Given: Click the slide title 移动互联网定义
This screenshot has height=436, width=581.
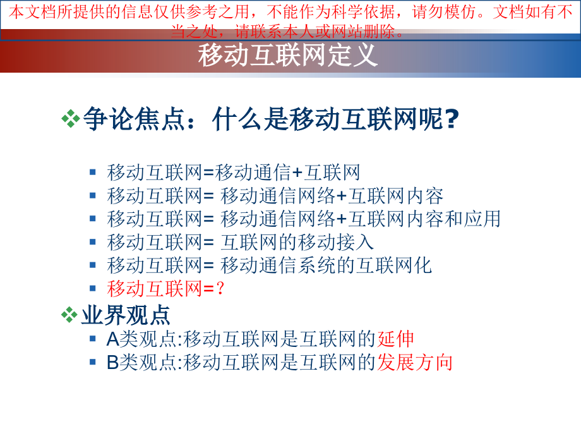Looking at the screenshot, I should tap(288, 56).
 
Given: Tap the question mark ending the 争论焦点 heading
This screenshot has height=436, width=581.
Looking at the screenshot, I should tap(451, 119).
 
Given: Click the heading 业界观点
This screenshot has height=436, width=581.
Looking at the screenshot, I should tap(126, 314).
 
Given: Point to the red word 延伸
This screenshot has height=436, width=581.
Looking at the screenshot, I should tap(396, 339).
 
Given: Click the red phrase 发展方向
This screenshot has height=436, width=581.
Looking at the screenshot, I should tap(415, 362).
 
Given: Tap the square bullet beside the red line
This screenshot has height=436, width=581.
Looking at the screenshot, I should tap(93, 288).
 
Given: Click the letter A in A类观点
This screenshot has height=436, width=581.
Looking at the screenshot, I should tap(112, 339).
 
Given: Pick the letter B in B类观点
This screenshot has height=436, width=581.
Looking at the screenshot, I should tap(112, 362).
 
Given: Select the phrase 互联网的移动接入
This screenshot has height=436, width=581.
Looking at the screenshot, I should tap(297, 241).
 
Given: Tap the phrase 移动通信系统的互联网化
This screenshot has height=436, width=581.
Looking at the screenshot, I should tap(326, 265).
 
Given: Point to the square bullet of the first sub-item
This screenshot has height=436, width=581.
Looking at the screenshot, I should tap(93, 172).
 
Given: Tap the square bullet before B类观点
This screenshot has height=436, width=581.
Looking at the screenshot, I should tap(93, 362).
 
